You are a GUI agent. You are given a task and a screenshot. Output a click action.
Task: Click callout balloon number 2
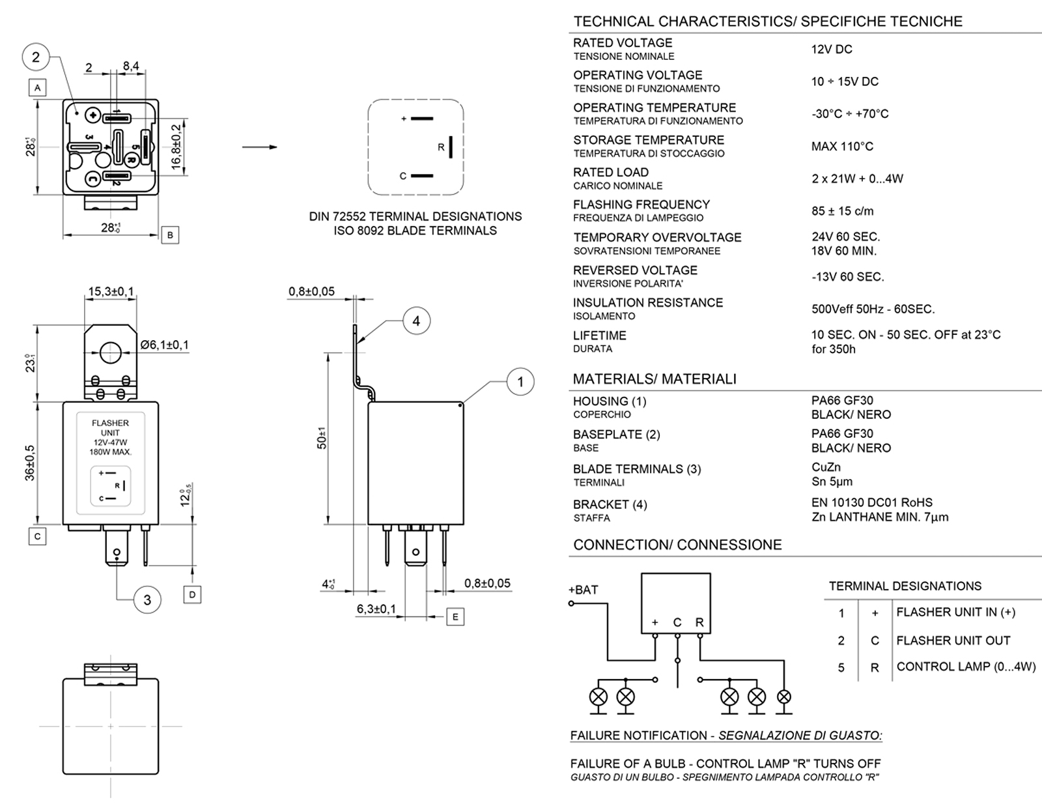36,57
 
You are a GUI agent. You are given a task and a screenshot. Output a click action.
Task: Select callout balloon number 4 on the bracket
416,321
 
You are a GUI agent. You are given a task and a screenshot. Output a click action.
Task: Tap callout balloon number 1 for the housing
520,382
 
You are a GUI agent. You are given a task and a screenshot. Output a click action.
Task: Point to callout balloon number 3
147,599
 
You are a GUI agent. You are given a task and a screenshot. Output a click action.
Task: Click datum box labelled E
455,616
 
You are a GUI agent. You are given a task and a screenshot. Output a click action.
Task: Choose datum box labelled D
192,594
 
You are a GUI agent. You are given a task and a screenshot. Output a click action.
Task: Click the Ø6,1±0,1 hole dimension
164,345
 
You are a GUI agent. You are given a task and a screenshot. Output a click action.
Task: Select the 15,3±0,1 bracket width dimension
111,291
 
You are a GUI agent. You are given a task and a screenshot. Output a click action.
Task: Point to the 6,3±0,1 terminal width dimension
376,609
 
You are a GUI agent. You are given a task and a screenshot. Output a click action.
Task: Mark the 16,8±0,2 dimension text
176,147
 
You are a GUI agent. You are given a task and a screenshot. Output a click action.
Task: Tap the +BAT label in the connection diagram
583,590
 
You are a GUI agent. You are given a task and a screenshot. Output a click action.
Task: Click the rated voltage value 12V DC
832,50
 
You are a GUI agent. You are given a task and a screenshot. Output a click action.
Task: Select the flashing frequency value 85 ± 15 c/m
843,211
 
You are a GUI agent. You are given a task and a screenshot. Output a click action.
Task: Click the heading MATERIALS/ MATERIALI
655,379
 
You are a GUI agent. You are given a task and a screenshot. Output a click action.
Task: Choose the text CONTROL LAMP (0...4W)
966,667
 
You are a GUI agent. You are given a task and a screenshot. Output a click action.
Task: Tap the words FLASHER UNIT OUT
953,640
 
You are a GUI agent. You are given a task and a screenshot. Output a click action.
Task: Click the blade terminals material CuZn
826,467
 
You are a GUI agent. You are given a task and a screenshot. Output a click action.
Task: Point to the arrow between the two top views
260,147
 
